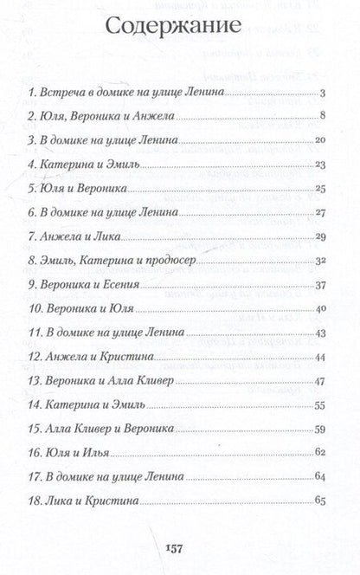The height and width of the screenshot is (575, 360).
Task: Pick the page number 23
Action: tap(318, 165)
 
